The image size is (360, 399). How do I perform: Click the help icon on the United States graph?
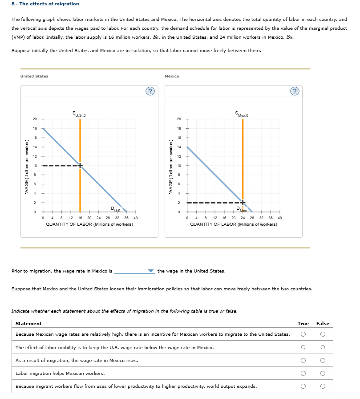150,92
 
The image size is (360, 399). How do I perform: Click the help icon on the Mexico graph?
295,92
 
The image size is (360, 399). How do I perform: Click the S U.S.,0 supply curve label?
79,115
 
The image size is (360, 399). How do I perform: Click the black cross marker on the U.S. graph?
80,166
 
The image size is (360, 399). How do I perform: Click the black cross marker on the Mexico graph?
243,203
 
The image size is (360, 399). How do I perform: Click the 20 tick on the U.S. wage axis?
35,119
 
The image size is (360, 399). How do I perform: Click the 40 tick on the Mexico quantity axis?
279,218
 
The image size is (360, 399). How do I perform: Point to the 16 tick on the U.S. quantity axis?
80,218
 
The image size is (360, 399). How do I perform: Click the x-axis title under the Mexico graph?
233,224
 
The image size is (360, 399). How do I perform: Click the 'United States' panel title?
34,76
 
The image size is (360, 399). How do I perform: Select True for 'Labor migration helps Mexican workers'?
303,373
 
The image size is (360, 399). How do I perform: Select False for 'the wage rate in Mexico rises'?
323,360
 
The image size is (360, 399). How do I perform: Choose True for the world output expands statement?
303,386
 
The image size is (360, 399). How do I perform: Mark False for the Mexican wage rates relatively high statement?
323,334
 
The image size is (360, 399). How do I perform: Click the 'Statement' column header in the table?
28,323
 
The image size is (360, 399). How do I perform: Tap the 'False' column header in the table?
323,323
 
